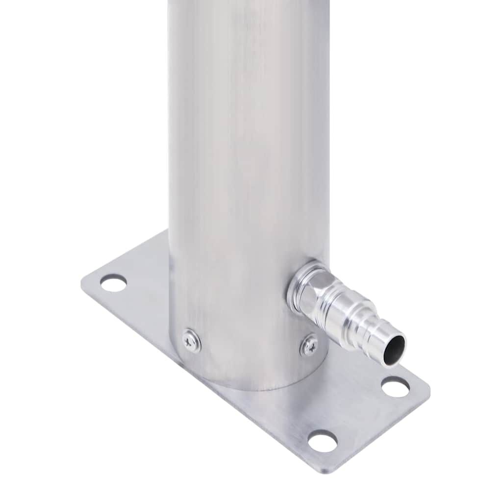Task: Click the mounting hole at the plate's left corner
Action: [113, 283]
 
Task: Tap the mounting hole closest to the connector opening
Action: [395, 387]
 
